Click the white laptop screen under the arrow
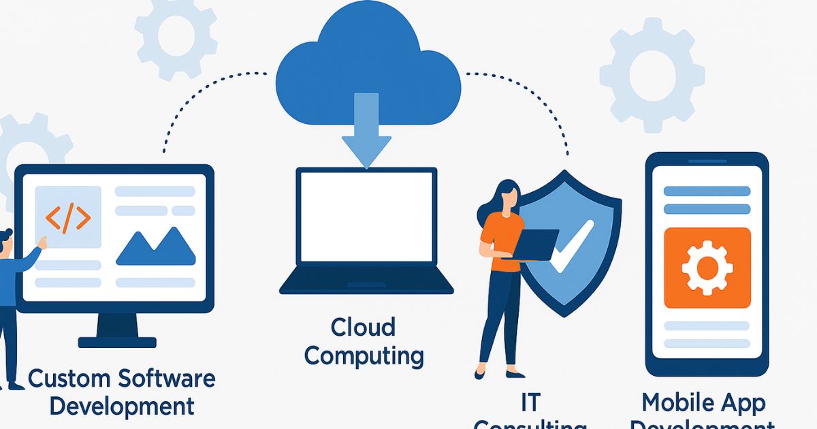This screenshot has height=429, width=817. (x=367, y=217)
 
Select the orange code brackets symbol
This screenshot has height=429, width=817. (x=67, y=217)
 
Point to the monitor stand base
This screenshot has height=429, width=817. (x=117, y=340)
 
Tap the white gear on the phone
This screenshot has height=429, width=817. (x=707, y=268)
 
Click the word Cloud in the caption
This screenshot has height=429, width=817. (x=363, y=328)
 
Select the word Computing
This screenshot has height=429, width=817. (x=364, y=355)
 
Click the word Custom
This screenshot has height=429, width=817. (x=71, y=379)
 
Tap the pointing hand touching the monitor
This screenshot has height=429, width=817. (x=42, y=241)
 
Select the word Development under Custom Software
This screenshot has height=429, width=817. (x=123, y=407)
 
